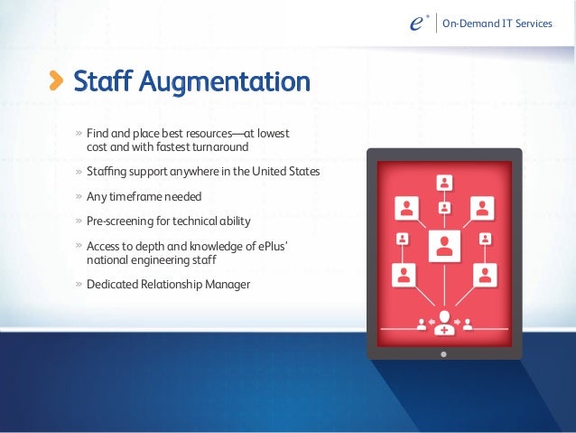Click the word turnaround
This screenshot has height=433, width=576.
pos(218,147)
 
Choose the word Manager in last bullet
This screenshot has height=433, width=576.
pos(228,285)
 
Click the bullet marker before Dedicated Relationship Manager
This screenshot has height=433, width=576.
pos(79,285)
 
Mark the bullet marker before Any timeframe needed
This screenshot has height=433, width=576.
pos(79,196)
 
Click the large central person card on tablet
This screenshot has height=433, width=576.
pos(443,244)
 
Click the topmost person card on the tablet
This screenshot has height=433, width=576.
pos(443,182)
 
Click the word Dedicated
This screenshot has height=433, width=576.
pos(111,285)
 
